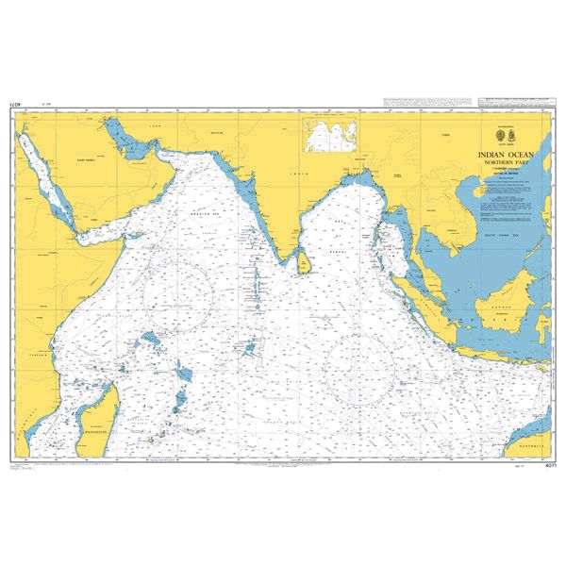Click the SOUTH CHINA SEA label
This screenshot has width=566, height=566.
(508, 233)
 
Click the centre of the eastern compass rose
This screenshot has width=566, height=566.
(358, 367)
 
